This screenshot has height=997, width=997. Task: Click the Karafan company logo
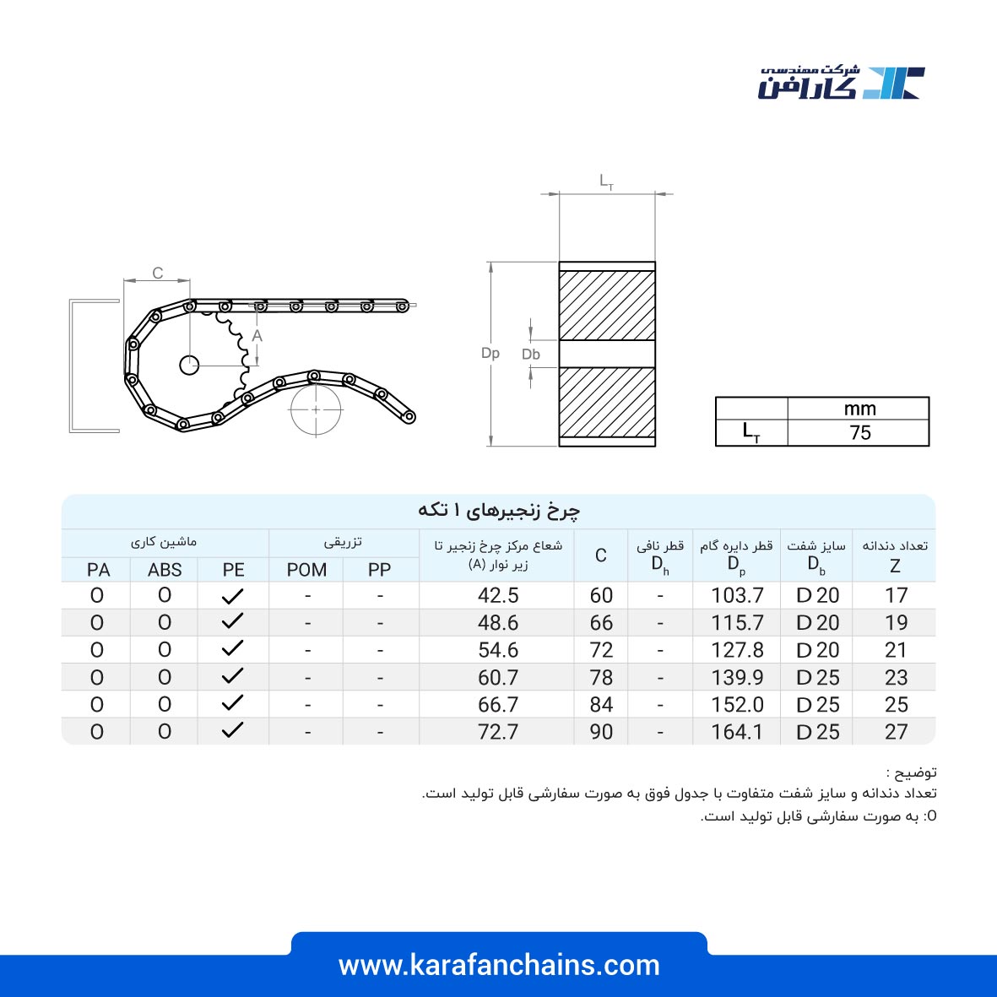pyautogui.click(x=841, y=82)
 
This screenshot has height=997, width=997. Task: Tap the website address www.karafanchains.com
pyautogui.click(x=499, y=965)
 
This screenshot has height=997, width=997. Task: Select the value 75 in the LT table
pyautogui.click(x=859, y=433)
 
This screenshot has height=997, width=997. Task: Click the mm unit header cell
pyautogui.click(x=859, y=409)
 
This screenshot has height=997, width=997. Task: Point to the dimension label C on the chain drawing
pyautogui.click(x=158, y=273)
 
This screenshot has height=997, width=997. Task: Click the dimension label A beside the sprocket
pyautogui.click(x=257, y=336)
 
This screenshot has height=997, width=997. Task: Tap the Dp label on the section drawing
pyautogui.click(x=490, y=354)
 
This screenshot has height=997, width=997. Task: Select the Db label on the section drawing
pyautogui.click(x=531, y=355)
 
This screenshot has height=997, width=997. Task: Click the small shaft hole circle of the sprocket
pyautogui.click(x=189, y=366)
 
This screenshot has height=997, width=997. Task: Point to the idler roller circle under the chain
pyautogui.click(x=316, y=410)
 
